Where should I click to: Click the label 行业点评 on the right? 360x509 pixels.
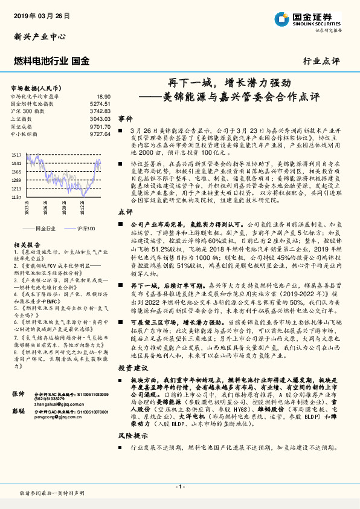pyautogui.click(x=321, y=60)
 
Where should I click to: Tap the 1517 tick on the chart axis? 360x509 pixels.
pyautogui.click(x=16, y=155)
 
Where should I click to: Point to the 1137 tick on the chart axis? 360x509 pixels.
pyautogui.click(x=16, y=197)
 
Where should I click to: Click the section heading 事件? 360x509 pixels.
pyautogui.click(x=125, y=119)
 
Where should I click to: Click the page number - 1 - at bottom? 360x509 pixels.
pyautogui.click(x=179, y=486)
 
